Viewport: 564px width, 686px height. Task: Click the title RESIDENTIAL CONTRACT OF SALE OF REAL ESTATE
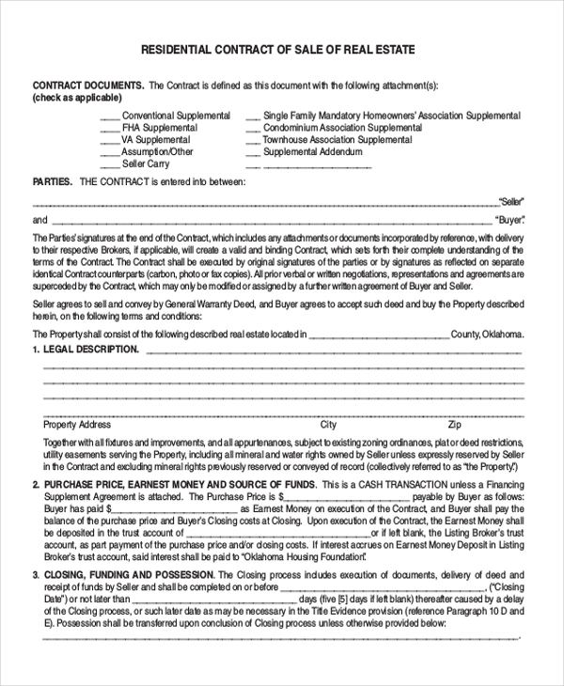(277, 49)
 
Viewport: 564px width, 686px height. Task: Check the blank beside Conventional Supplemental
(109, 117)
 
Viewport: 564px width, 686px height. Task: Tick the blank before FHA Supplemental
(109, 130)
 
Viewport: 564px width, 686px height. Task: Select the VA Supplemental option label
(156, 140)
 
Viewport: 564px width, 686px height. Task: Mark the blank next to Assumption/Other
(108, 153)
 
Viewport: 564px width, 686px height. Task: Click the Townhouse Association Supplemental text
(337, 140)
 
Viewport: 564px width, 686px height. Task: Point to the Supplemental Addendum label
(312, 152)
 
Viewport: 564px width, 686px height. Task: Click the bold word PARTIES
(53, 181)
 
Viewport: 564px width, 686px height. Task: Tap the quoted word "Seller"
(511, 201)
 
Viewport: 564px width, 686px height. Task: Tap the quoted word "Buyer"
(510, 220)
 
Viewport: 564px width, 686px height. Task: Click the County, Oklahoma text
(487, 334)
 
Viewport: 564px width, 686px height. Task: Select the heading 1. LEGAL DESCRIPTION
(86, 350)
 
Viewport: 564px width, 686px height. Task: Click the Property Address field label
(77, 425)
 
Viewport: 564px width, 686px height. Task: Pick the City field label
(328, 425)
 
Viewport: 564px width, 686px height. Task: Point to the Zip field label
(454, 425)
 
